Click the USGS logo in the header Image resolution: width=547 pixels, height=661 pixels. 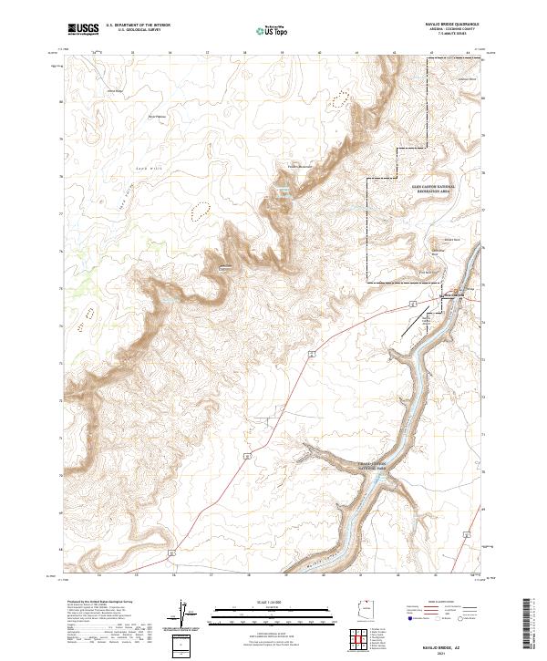click(x=83, y=29)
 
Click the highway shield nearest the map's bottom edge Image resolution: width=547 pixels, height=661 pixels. click(x=170, y=553)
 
